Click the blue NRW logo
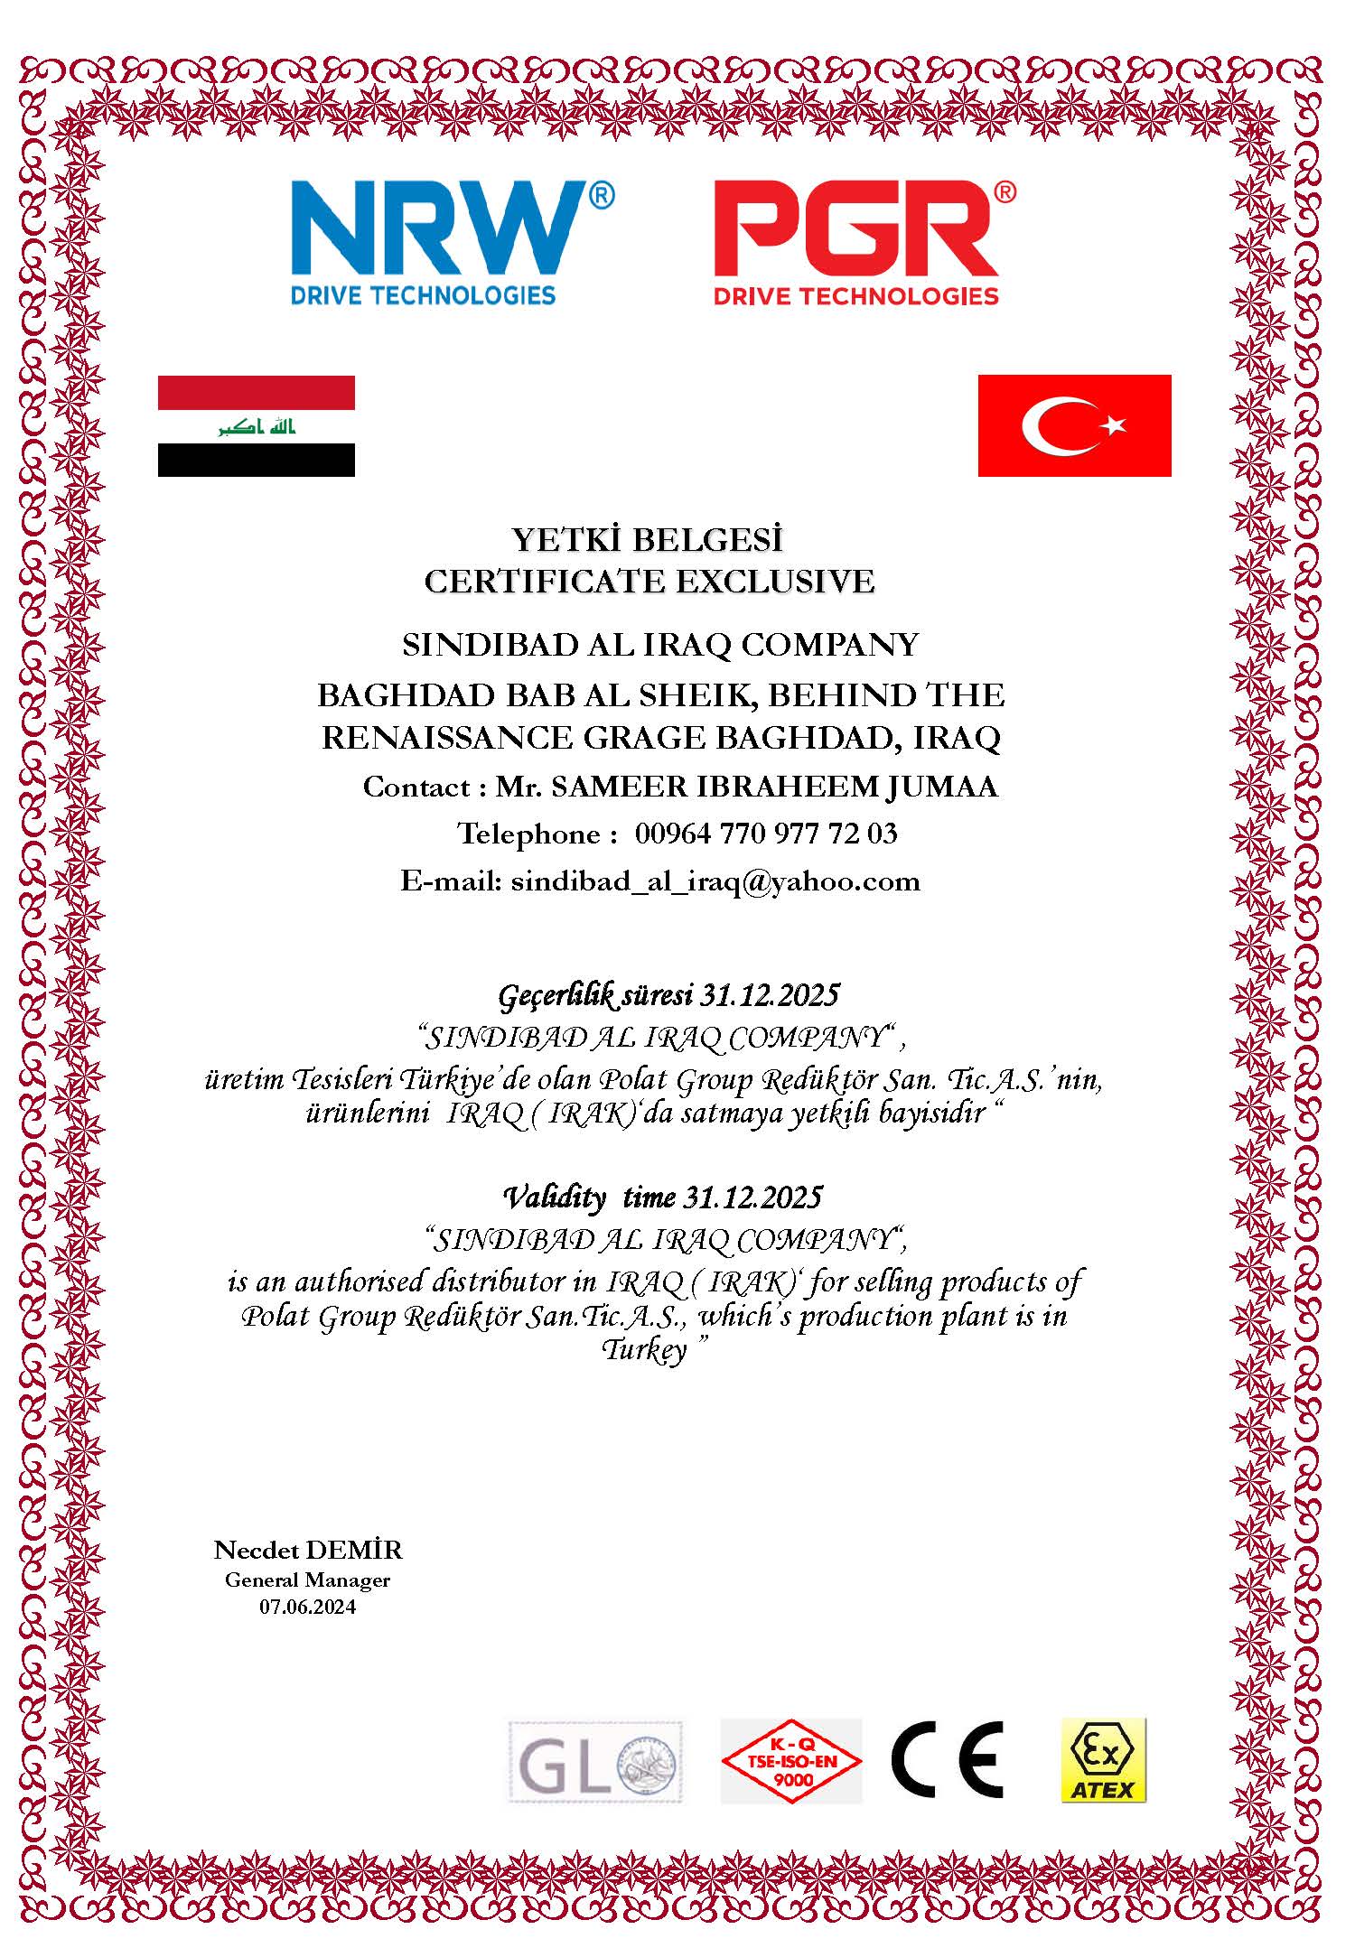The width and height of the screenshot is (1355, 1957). [x=450, y=240]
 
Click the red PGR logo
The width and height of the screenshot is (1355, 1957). [x=863, y=240]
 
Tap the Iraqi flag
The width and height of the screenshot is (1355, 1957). [x=256, y=425]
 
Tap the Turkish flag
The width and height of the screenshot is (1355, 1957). [x=1074, y=425]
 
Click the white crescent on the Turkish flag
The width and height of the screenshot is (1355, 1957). [x=1055, y=425]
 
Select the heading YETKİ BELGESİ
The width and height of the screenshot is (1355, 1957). [x=647, y=540]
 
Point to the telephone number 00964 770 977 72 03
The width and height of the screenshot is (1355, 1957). [x=766, y=833]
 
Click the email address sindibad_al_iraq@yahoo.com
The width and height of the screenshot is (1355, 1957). [x=715, y=881]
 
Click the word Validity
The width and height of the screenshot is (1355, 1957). [x=554, y=1197]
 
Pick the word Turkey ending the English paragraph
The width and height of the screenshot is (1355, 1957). [x=644, y=1351]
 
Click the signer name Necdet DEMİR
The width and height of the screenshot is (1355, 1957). [x=308, y=1550]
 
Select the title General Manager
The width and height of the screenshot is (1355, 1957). [x=308, y=1580]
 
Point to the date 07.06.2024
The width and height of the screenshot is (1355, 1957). [x=308, y=1607]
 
